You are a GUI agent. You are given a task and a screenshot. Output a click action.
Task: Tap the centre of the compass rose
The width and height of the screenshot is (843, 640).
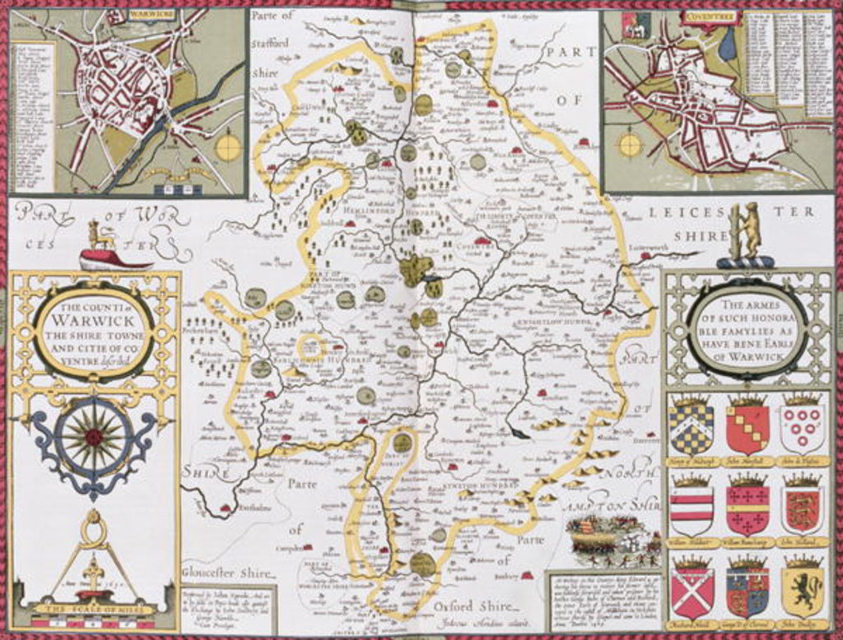click(94, 437)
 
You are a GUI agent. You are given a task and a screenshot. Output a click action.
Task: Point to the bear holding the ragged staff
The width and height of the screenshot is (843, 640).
click(747, 230)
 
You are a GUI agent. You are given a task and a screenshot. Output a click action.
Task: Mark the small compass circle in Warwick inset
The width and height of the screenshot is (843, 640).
click(228, 148)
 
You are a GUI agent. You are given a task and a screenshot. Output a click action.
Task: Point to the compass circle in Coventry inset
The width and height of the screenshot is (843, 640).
click(630, 146)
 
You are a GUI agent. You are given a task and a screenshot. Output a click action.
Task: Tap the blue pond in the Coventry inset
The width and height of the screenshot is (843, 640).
click(728, 46)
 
